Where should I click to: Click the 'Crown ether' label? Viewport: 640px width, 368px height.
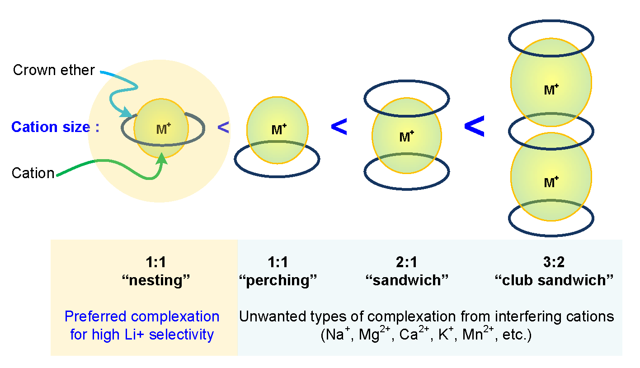point(54,71)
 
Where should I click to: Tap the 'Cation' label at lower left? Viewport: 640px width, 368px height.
point(33,173)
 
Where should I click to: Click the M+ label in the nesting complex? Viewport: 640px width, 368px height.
point(164,129)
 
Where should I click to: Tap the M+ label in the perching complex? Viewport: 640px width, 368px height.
point(279,130)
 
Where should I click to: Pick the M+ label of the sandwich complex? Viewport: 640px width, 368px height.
point(407,137)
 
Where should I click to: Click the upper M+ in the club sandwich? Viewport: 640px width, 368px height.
point(551,90)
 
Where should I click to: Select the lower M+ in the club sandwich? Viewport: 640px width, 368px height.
point(551,182)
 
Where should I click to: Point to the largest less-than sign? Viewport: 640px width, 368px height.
point(475,127)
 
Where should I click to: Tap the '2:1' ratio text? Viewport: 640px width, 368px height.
point(406,262)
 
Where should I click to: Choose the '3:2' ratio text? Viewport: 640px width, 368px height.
point(554,262)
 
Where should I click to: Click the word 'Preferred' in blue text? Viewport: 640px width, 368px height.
point(95,316)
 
